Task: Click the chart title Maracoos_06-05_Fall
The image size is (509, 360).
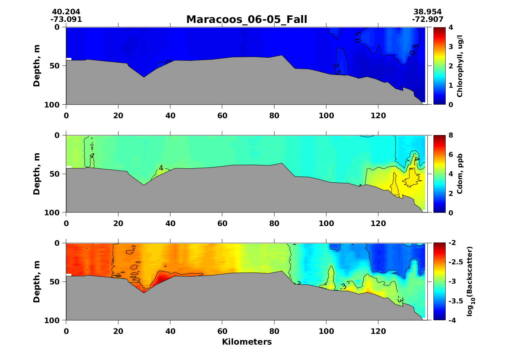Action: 247,19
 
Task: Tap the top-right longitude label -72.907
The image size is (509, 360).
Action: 428,19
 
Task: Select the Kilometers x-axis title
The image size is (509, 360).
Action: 247,342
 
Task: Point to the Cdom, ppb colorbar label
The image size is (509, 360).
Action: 460,174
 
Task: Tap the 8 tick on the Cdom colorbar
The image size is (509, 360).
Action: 450,135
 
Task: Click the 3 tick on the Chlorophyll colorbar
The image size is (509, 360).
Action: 450,47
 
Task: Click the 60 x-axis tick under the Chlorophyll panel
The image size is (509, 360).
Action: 222,116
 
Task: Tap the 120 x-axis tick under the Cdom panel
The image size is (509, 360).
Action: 378,224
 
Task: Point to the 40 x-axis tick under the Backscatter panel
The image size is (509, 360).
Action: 170,331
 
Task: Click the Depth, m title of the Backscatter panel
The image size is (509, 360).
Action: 37,282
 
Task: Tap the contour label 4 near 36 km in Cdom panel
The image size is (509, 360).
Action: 161,168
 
